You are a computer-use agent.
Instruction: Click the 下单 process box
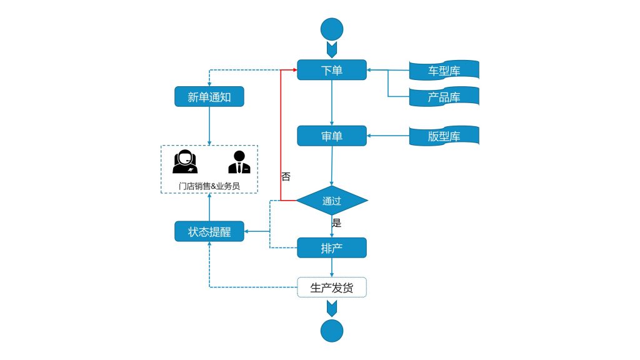pyautogui.click(x=331, y=70)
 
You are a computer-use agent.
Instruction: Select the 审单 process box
pyautogui.click(x=331, y=136)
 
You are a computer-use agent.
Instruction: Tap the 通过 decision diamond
pyautogui.click(x=331, y=201)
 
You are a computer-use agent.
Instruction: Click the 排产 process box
pyautogui.click(x=331, y=248)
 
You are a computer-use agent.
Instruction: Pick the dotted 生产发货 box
pyautogui.click(x=331, y=287)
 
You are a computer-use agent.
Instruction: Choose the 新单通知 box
pyautogui.click(x=209, y=97)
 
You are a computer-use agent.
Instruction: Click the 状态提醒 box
pyautogui.click(x=209, y=232)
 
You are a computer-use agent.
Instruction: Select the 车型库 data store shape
pyautogui.click(x=444, y=71)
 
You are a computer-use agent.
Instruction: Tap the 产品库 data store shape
pyautogui.click(x=444, y=97)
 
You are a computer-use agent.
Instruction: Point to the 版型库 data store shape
pyautogui.click(x=444, y=136)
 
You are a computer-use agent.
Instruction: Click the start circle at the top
pyautogui.click(x=331, y=29)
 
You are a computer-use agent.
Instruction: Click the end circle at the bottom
pyautogui.click(x=331, y=331)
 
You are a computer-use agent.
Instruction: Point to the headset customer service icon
pyautogui.click(x=185, y=162)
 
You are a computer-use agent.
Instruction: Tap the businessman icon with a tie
pyautogui.click(x=239, y=162)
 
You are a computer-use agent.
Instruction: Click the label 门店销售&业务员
pyautogui.click(x=209, y=186)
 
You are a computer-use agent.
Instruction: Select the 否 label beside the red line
pyautogui.click(x=286, y=177)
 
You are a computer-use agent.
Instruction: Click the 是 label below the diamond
pyautogui.click(x=336, y=222)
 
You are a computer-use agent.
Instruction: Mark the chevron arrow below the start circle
pyautogui.click(x=331, y=48)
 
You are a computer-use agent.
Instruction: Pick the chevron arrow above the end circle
pyautogui.click(x=331, y=308)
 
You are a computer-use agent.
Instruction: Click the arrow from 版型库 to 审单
pyautogui.click(x=387, y=136)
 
